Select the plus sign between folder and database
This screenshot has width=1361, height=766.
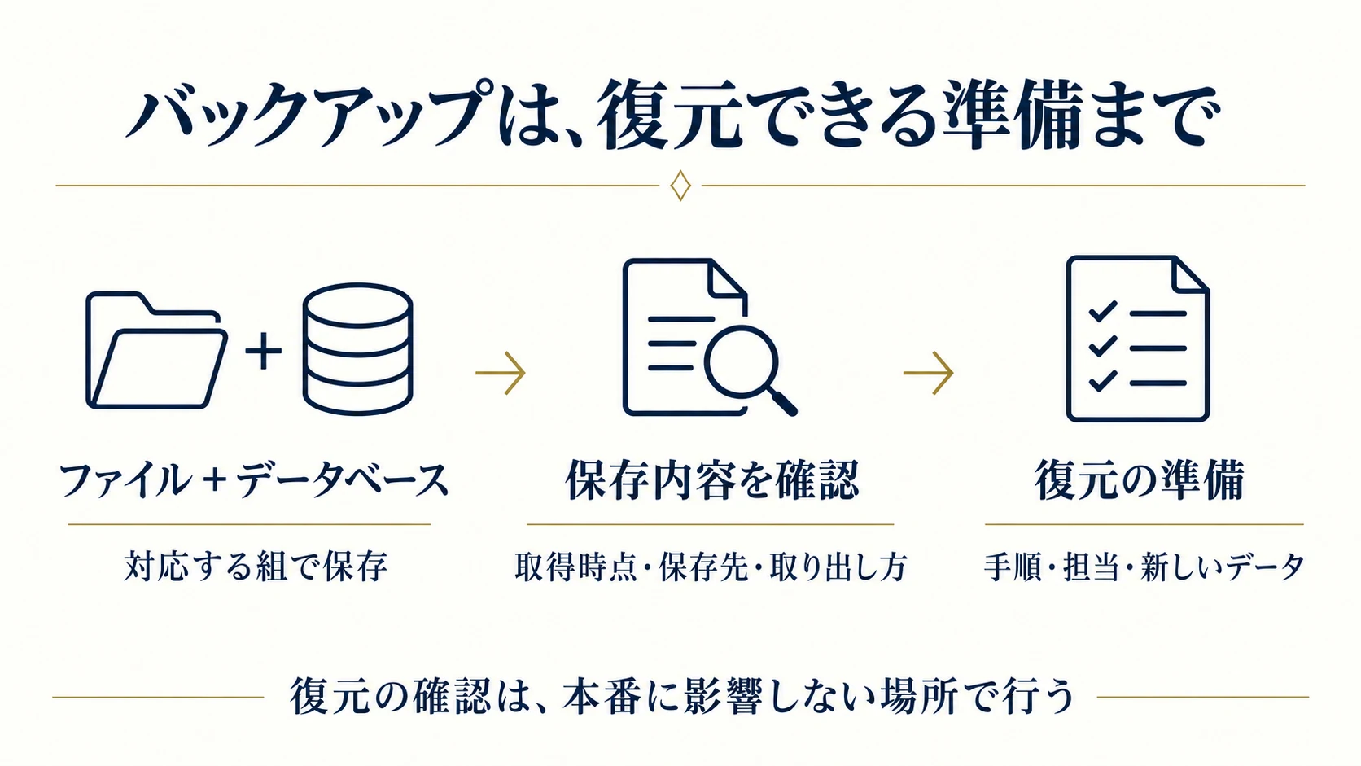pos(263,351)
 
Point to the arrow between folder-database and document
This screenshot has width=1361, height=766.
pos(500,372)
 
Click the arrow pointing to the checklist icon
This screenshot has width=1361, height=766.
pos(929,372)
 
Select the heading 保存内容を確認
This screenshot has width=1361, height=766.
pos(712,480)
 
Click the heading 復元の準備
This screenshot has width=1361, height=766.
pos(1140,480)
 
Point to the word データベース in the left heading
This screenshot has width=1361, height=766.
pos(343,480)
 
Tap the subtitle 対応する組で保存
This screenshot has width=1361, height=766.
pos(256,567)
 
